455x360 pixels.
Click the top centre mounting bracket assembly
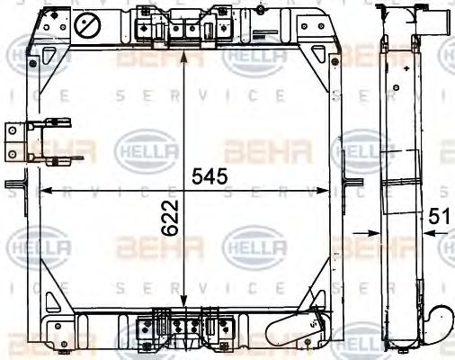click(177, 29)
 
